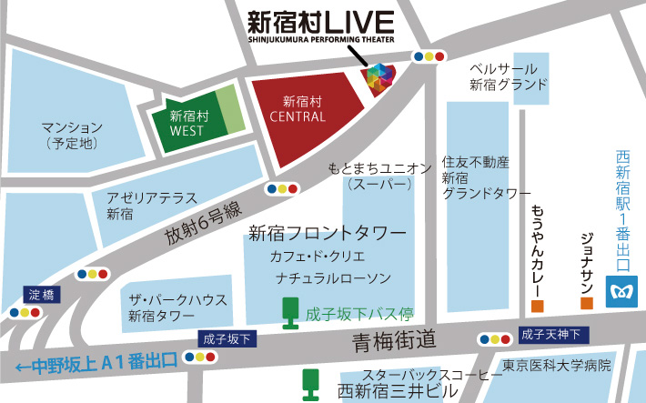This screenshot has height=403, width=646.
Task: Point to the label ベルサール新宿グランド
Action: [x=509, y=77]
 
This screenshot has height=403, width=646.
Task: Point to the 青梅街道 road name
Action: [x=395, y=340]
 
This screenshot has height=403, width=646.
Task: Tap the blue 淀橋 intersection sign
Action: [x=40, y=294]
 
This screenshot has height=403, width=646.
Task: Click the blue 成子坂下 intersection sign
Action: [x=227, y=338]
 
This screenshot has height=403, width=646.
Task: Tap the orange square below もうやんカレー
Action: [x=538, y=304]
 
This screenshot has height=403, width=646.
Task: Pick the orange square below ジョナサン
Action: [x=587, y=303]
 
